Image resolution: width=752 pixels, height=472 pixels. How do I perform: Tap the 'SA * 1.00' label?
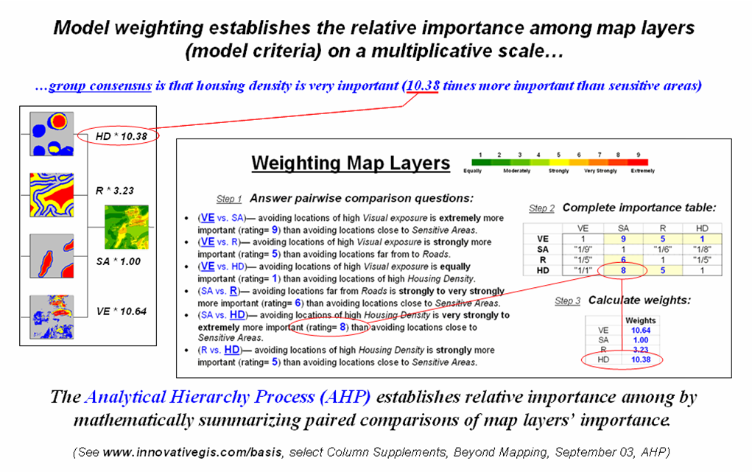point(119,261)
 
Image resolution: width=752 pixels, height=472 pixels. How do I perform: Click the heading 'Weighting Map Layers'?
point(351,163)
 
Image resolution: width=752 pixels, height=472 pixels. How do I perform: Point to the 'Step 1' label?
point(229,199)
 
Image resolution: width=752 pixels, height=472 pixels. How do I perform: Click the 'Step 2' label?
point(541,208)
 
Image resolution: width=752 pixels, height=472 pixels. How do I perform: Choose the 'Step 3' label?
point(567,301)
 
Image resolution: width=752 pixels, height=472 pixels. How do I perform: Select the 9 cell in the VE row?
point(623,239)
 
